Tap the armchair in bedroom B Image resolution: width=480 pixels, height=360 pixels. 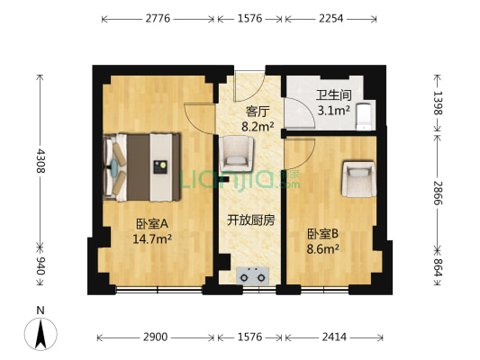(x=358, y=177)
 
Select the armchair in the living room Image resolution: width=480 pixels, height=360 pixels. (x=238, y=154)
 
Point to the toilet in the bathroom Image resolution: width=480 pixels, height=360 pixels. (x=363, y=116)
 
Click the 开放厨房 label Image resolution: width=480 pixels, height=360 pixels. (x=250, y=220)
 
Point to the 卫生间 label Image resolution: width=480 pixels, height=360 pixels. (x=332, y=95)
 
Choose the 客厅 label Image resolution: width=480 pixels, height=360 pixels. (x=258, y=112)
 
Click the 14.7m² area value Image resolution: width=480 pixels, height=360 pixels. (x=153, y=239)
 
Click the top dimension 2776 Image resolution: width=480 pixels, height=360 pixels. (x=158, y=18)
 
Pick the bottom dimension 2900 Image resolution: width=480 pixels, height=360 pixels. (x=156, y=337)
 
